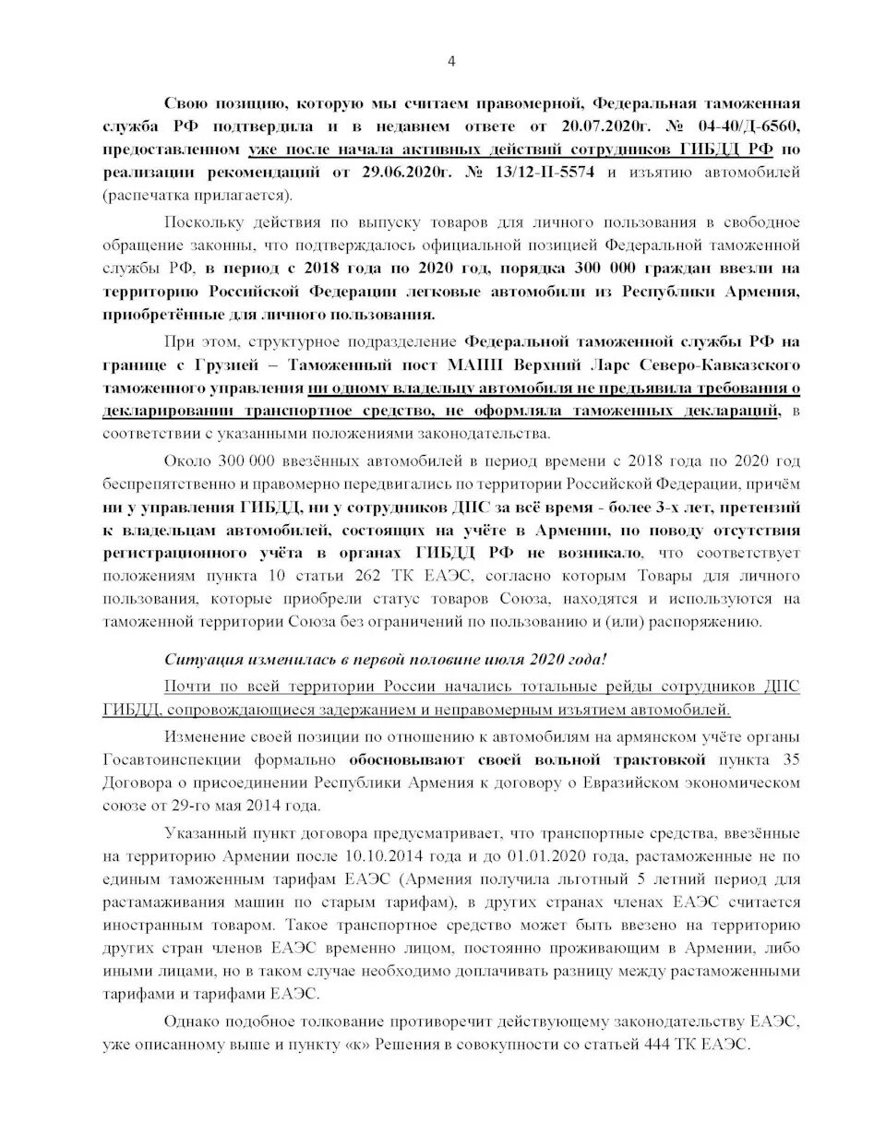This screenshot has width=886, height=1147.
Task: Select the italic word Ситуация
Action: click(x=199, y=659)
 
